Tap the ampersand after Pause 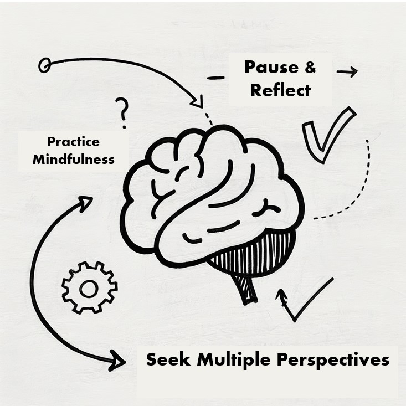[310, 68]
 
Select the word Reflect [280, 90]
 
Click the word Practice [73, 142]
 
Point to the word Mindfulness [73, 160]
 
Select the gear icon [89, 287]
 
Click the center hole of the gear [89, 288]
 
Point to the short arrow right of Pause [347, 71]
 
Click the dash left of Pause [215, 78]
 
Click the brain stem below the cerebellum [247, 289]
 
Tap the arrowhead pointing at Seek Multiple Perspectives [118, 361]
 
